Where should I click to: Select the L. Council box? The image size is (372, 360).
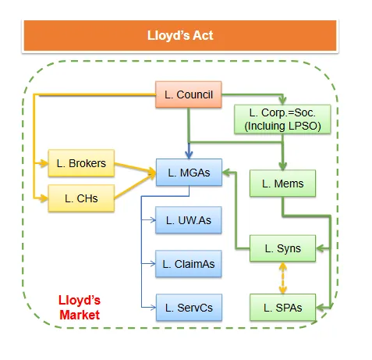189,94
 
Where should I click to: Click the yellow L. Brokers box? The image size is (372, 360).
80,164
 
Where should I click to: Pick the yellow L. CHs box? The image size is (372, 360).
80,198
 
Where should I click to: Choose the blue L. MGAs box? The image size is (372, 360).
189,173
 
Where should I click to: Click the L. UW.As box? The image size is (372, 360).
189,222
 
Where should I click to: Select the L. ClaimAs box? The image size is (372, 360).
189,265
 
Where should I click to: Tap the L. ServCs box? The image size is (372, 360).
189,308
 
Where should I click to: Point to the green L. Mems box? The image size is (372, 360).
282,184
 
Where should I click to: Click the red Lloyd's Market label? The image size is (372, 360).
80,307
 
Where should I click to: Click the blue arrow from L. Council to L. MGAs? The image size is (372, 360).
189,133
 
